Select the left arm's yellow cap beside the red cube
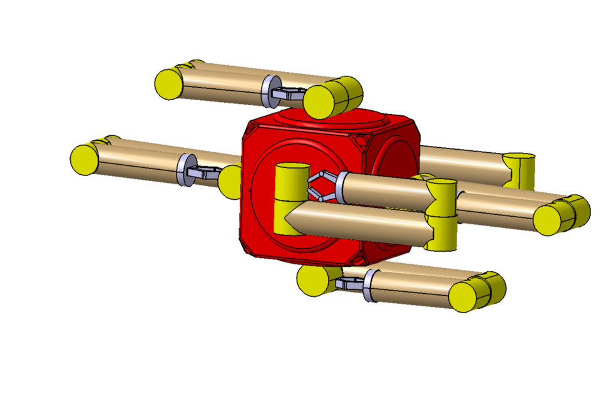coord(229,181)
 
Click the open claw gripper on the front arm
coord(322,185)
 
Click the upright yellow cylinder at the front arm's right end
coord(441,214)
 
